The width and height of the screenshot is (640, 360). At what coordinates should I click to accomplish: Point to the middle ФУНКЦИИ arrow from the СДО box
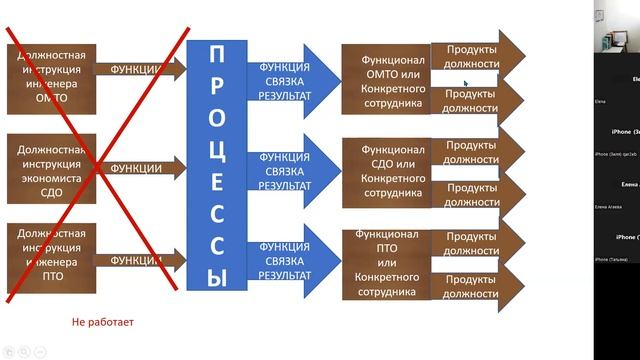tap(140, 168)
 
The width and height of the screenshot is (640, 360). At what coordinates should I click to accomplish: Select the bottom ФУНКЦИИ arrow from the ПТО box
tap(140, 261)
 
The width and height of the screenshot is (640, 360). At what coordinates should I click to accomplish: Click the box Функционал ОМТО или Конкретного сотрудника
tap(384, 75)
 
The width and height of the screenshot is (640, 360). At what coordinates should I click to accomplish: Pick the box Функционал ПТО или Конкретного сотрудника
tap(384, 264)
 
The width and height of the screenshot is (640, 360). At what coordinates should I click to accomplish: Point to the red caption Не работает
tap(102, 323)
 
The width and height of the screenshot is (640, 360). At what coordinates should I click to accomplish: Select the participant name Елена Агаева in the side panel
tap(609, 206)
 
